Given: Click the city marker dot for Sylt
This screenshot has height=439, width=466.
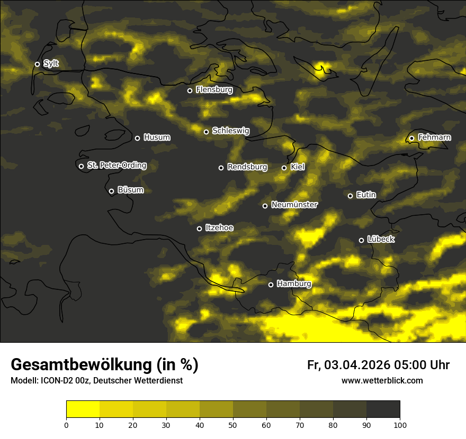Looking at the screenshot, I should (x=37, y=64).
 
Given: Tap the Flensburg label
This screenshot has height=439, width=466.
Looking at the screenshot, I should (x=214, y=90).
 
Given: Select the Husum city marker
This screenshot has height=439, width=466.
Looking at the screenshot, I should (x=137, y=138).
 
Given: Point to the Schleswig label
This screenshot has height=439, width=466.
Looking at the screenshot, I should (x=230, y=131).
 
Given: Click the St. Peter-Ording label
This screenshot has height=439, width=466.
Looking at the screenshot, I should (x=116, y=166).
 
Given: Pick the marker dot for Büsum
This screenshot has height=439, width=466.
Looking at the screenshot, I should (x=111, y=191).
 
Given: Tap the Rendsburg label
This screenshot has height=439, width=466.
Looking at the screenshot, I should (x=247, y=167).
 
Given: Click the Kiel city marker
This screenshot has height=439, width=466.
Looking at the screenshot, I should (x=284, y=168).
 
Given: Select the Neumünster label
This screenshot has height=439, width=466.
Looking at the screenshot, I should (x=294, y=205).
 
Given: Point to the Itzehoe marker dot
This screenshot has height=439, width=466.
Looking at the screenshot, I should (x=199, y=228).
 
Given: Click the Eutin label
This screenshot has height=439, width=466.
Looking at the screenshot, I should (x=366, y=195).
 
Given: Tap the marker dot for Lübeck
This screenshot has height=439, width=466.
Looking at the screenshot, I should (x=361, y=240).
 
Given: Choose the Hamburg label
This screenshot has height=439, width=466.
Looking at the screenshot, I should (x=294, y=284).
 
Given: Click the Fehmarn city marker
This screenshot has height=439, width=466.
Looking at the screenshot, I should (x=411, y=138).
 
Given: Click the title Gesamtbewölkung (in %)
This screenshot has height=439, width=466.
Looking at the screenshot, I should (x=104, y=365).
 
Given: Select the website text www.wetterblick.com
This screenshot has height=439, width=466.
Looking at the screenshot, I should (x=382, y=380).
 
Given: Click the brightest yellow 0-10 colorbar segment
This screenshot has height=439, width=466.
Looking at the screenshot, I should (x=83, y=409).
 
